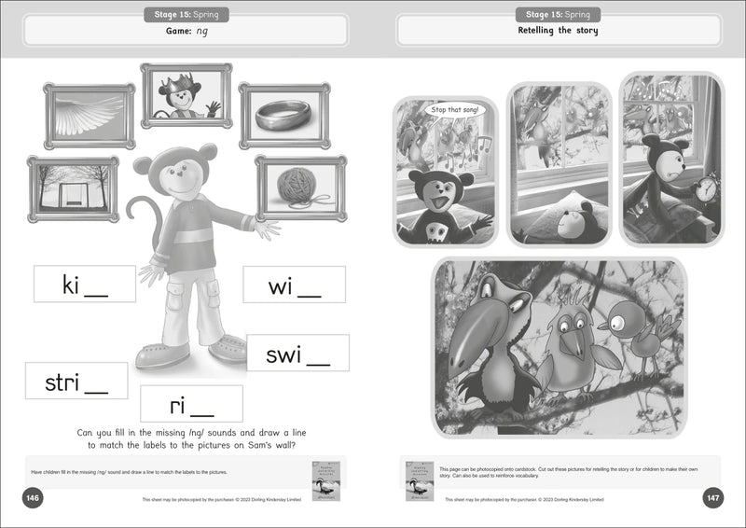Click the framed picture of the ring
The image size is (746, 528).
(x=284, y=115)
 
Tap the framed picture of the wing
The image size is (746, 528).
(x=90, y=116)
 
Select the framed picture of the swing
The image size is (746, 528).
(x=73, y=188)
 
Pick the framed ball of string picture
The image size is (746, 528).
(x=300, y=188)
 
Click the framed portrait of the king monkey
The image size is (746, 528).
(x=186, y=95)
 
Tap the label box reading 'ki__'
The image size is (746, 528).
(x=84, y=285)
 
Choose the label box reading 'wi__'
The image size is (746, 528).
(x=294, y=285)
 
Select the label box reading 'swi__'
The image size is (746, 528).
(x=297, y=354)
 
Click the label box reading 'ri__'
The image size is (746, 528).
(x=191, y=404)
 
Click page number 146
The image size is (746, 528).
(x=33, y=498)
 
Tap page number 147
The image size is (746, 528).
(x=713, y=498)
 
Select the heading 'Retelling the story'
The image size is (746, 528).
(x=559, y=31)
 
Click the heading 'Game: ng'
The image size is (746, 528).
(x=186, y=31)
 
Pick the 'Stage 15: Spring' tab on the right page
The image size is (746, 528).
(x=558, y=14)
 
